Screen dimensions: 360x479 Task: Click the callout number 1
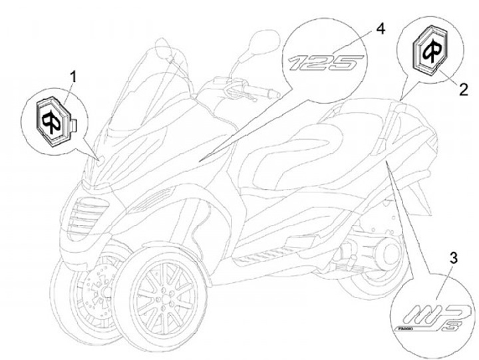(73, 77)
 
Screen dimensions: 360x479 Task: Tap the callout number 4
(380, 29)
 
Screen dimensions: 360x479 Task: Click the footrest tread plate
(259, 254)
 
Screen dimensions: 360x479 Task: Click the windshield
(133, 93)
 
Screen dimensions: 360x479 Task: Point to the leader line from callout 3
(412, 233)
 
